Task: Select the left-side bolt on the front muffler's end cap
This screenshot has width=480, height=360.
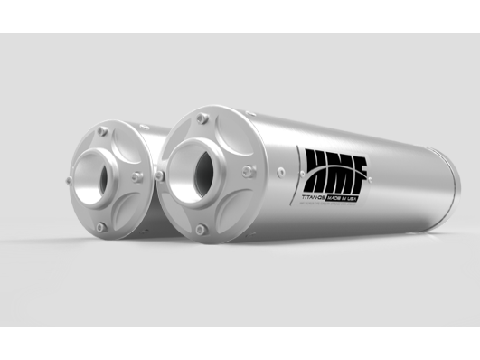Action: click(x=159, y=172)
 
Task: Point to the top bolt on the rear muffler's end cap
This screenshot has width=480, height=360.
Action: click(x=104, y=132)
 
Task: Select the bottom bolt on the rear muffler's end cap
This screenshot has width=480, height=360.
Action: click(x=101, y=227)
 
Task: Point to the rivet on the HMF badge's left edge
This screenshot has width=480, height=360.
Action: click(x=280, y=168)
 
